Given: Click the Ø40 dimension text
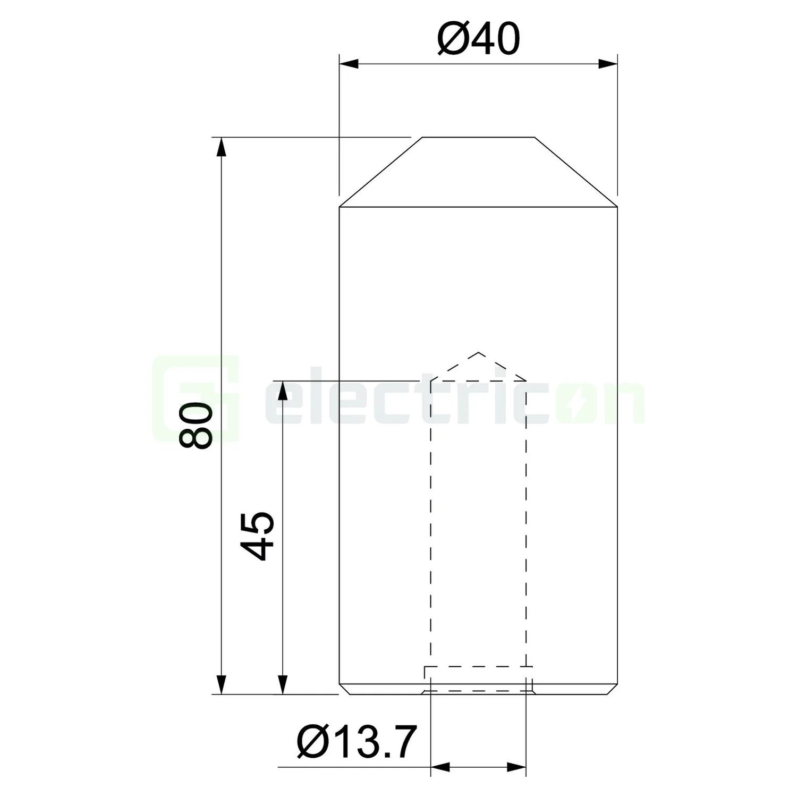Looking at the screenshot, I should coord(478,40).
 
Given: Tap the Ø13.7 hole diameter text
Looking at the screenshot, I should coord(355,742).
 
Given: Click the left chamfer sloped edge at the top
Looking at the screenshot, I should coord(381,172).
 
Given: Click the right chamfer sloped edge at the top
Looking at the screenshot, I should coord(576,172).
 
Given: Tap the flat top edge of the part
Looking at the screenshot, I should coord(478,137).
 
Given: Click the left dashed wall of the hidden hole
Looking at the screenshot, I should coord(431,521).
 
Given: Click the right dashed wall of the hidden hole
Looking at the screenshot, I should coord(526,521).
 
